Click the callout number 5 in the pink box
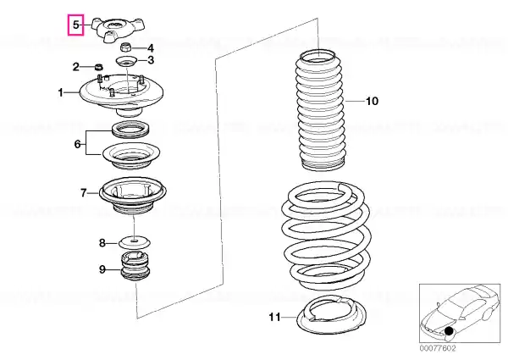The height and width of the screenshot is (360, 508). (75, 25)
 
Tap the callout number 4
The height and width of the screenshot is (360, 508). (151, 48)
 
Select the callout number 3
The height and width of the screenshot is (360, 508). (151, 60)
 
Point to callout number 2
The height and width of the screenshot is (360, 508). (76, 67)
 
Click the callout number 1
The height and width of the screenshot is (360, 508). (61, 92)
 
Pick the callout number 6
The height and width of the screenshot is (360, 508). (77, 144)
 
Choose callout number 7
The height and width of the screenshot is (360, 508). (84, 193)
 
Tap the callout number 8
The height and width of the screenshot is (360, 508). (102, 243)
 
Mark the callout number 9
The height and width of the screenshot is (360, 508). (102, 269)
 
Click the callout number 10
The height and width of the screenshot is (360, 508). (372, 101)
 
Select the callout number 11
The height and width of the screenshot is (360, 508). (274, 317)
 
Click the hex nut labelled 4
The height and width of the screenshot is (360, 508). (125, 47)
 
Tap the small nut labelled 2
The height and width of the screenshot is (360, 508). (99, 68)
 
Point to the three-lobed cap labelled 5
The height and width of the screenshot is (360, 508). (117, 30)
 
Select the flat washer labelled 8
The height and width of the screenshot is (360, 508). (135, 241)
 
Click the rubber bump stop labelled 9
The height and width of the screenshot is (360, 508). (135, 267)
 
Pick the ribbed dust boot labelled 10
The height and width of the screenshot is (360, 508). (319, 110)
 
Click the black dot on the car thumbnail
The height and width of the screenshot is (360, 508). (449, 331)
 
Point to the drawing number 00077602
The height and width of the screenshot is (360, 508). (438, 348)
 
